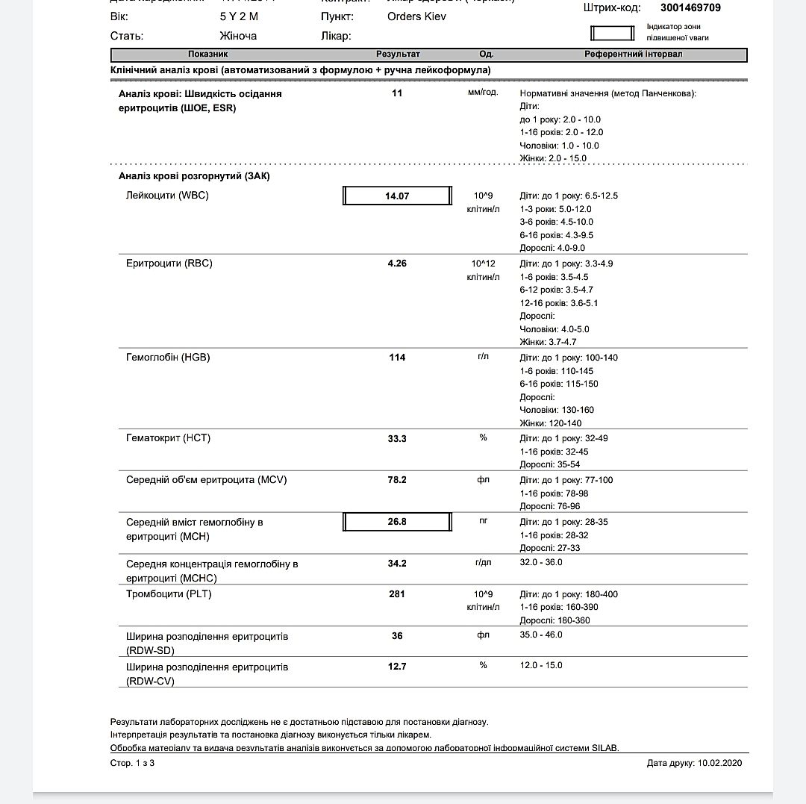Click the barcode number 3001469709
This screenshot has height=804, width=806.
click(x=690, y=8)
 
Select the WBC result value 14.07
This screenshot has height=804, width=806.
click(x=397, y=196)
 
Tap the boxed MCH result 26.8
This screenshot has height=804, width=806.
click(x=397, y=522)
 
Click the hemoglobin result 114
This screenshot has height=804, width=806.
click(x=397, y=358)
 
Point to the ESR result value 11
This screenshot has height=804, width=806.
click(x=397, y=93)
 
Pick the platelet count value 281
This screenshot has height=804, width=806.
click(x=397, y=594)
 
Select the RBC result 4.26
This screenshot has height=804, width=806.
click(x=397, y=264)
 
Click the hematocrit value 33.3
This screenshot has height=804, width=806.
click(x=397, y=439)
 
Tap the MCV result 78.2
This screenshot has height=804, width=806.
click(x=397, y=480)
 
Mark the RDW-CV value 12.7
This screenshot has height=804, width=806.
click(x=397, y=667)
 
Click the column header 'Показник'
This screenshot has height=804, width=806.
click(x=208, y=54)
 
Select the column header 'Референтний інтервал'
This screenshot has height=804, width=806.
click(x=633, y=54)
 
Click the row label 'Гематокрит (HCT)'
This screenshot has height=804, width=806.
click(x=168, y=438)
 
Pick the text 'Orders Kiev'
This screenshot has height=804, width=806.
click(x=416, y=16)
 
